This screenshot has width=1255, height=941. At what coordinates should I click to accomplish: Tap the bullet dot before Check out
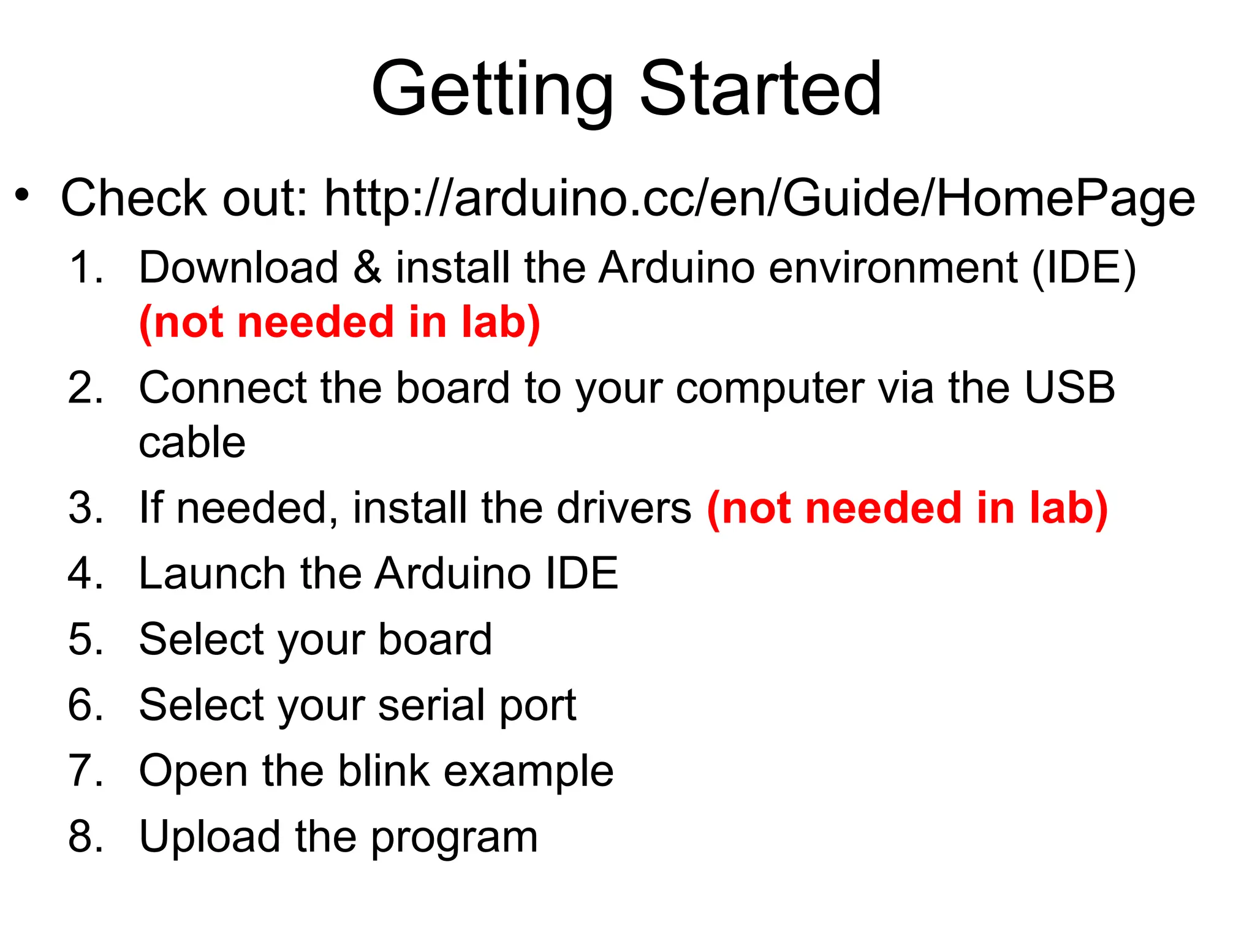pyautogui.click(x=23, y=195)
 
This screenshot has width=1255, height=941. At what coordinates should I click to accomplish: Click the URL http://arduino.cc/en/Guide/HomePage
pyautogui.click(x=759, y=198)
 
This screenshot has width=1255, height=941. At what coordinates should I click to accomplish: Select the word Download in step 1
pyautogui.click(x=238, y=268)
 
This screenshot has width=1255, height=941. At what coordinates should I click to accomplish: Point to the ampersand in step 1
pyautogui.click(x=366, y=268)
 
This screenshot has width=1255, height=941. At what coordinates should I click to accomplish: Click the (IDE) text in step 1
pyautogui.click(x=1083, y=269)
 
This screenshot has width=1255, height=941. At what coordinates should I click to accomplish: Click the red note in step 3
pyautogui.click(x=907, y=508)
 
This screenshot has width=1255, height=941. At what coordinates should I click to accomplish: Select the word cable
pyautogui.click(x=192, y=442)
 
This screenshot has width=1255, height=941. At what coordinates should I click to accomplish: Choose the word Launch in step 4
pyautogui.click(x=212, y=574)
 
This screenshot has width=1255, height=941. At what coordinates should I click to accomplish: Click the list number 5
pyautogui.click(x=85, y=640)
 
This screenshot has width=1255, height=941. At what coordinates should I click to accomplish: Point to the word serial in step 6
pyautogui.click(x=432, y=705)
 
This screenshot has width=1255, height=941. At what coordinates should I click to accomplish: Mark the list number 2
pyautogui.click(x=85, y=388)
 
